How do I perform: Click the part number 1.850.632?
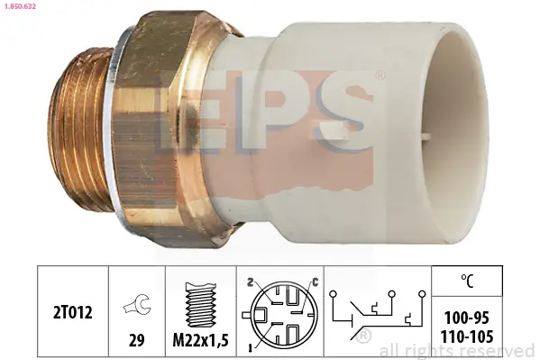(19, 6)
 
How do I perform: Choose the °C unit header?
(466, 280)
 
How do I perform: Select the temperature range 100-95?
(466, 319)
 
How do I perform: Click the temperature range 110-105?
(466, 336)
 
